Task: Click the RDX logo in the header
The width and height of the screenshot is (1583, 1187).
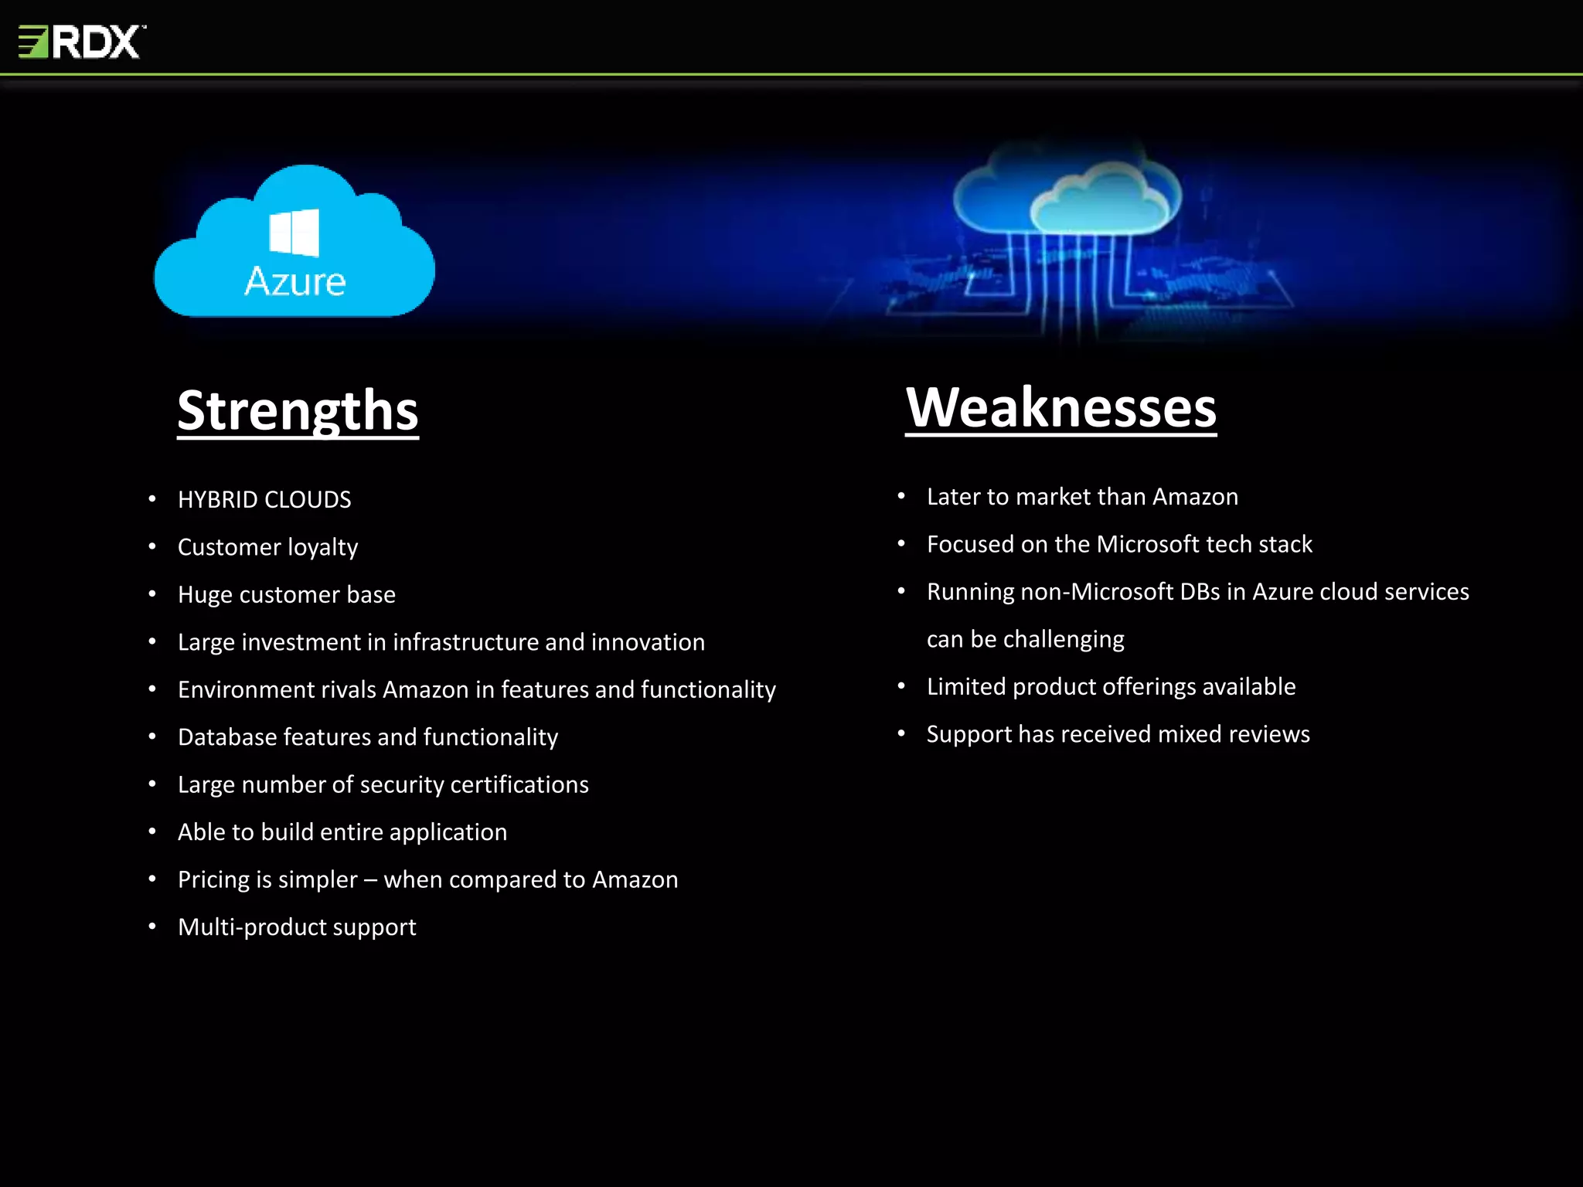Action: coord(82,42)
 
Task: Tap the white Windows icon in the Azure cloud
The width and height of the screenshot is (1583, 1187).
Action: coord(294,231)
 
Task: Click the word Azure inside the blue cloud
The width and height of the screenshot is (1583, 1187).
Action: coord(295,281)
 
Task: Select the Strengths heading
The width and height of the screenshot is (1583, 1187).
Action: coord(298,410)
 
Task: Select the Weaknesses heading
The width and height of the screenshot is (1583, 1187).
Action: coord(1060,407)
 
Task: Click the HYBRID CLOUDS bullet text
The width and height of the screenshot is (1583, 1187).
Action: coord(264,500)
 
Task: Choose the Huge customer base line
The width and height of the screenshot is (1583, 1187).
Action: coord(286,595)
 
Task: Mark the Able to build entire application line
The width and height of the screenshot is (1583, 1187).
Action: coord(342,832)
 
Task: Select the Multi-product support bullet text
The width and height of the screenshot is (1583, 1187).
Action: coord(297,927)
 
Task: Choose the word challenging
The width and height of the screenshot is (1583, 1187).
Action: coord(1064,640)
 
